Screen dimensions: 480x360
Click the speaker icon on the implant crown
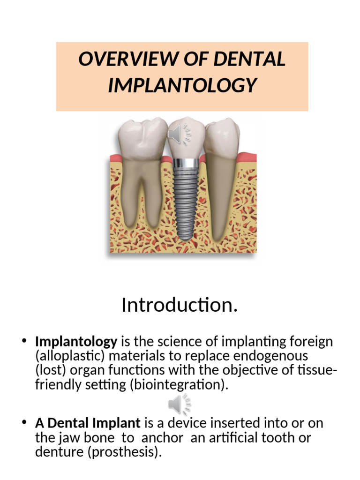coord(180,135)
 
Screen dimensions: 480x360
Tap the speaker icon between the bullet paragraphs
coord(180,405)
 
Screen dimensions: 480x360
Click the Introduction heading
coord(180,305)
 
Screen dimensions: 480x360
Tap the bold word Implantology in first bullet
coord(76,342)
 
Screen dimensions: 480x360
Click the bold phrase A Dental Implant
coord(88,423)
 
